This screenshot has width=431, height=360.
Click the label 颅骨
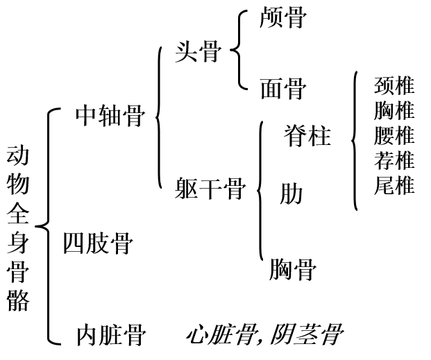click(x=282, y=17)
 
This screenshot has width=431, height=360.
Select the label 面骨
click(x=282, y=89)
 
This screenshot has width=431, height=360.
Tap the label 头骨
click(x=198, y=52)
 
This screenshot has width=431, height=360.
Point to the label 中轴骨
click(x=110, y=116)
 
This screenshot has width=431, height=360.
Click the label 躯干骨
click(x=210, y=189)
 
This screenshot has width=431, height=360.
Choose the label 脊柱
click(x=307, y=135)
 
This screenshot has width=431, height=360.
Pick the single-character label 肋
click(x=291, y=194)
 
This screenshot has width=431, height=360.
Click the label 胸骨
click(x=293, y=268)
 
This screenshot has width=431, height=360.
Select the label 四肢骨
click(x=98, y=243)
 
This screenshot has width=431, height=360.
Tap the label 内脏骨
click(x=110, y=336)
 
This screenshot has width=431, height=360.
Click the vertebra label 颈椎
click(x=394, y=85)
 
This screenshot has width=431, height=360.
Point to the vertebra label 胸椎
click(x=394, y=110)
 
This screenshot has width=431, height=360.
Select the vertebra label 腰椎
click(x=394, y=135)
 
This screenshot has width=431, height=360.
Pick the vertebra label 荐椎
click(x=394, y=160)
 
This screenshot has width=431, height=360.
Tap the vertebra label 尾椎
click(x=394, y=185)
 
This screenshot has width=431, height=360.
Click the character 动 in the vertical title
click(x=19, y=156)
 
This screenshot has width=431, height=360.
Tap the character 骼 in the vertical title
click(x=19, y=300)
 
